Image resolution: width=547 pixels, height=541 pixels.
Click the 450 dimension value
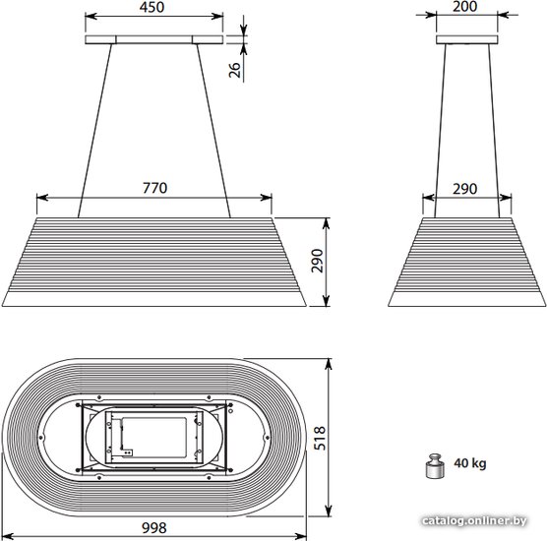tap(152, 7)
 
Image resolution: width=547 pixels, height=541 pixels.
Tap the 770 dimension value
tap(154, 188)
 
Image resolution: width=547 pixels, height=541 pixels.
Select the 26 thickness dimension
tap(235, 70)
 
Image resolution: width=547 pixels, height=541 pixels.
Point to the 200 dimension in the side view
tap(465, 6)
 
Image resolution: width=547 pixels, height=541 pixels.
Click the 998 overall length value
tap(154, 528)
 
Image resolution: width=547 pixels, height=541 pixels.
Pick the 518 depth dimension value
tap(320, 438)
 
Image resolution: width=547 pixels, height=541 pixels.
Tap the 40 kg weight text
tap(469, 463)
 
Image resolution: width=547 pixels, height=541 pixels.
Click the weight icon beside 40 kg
tap(435, 465)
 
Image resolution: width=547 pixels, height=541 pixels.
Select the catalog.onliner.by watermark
tap(474, 521)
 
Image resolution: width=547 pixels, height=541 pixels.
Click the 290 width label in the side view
tap(465, 189)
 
